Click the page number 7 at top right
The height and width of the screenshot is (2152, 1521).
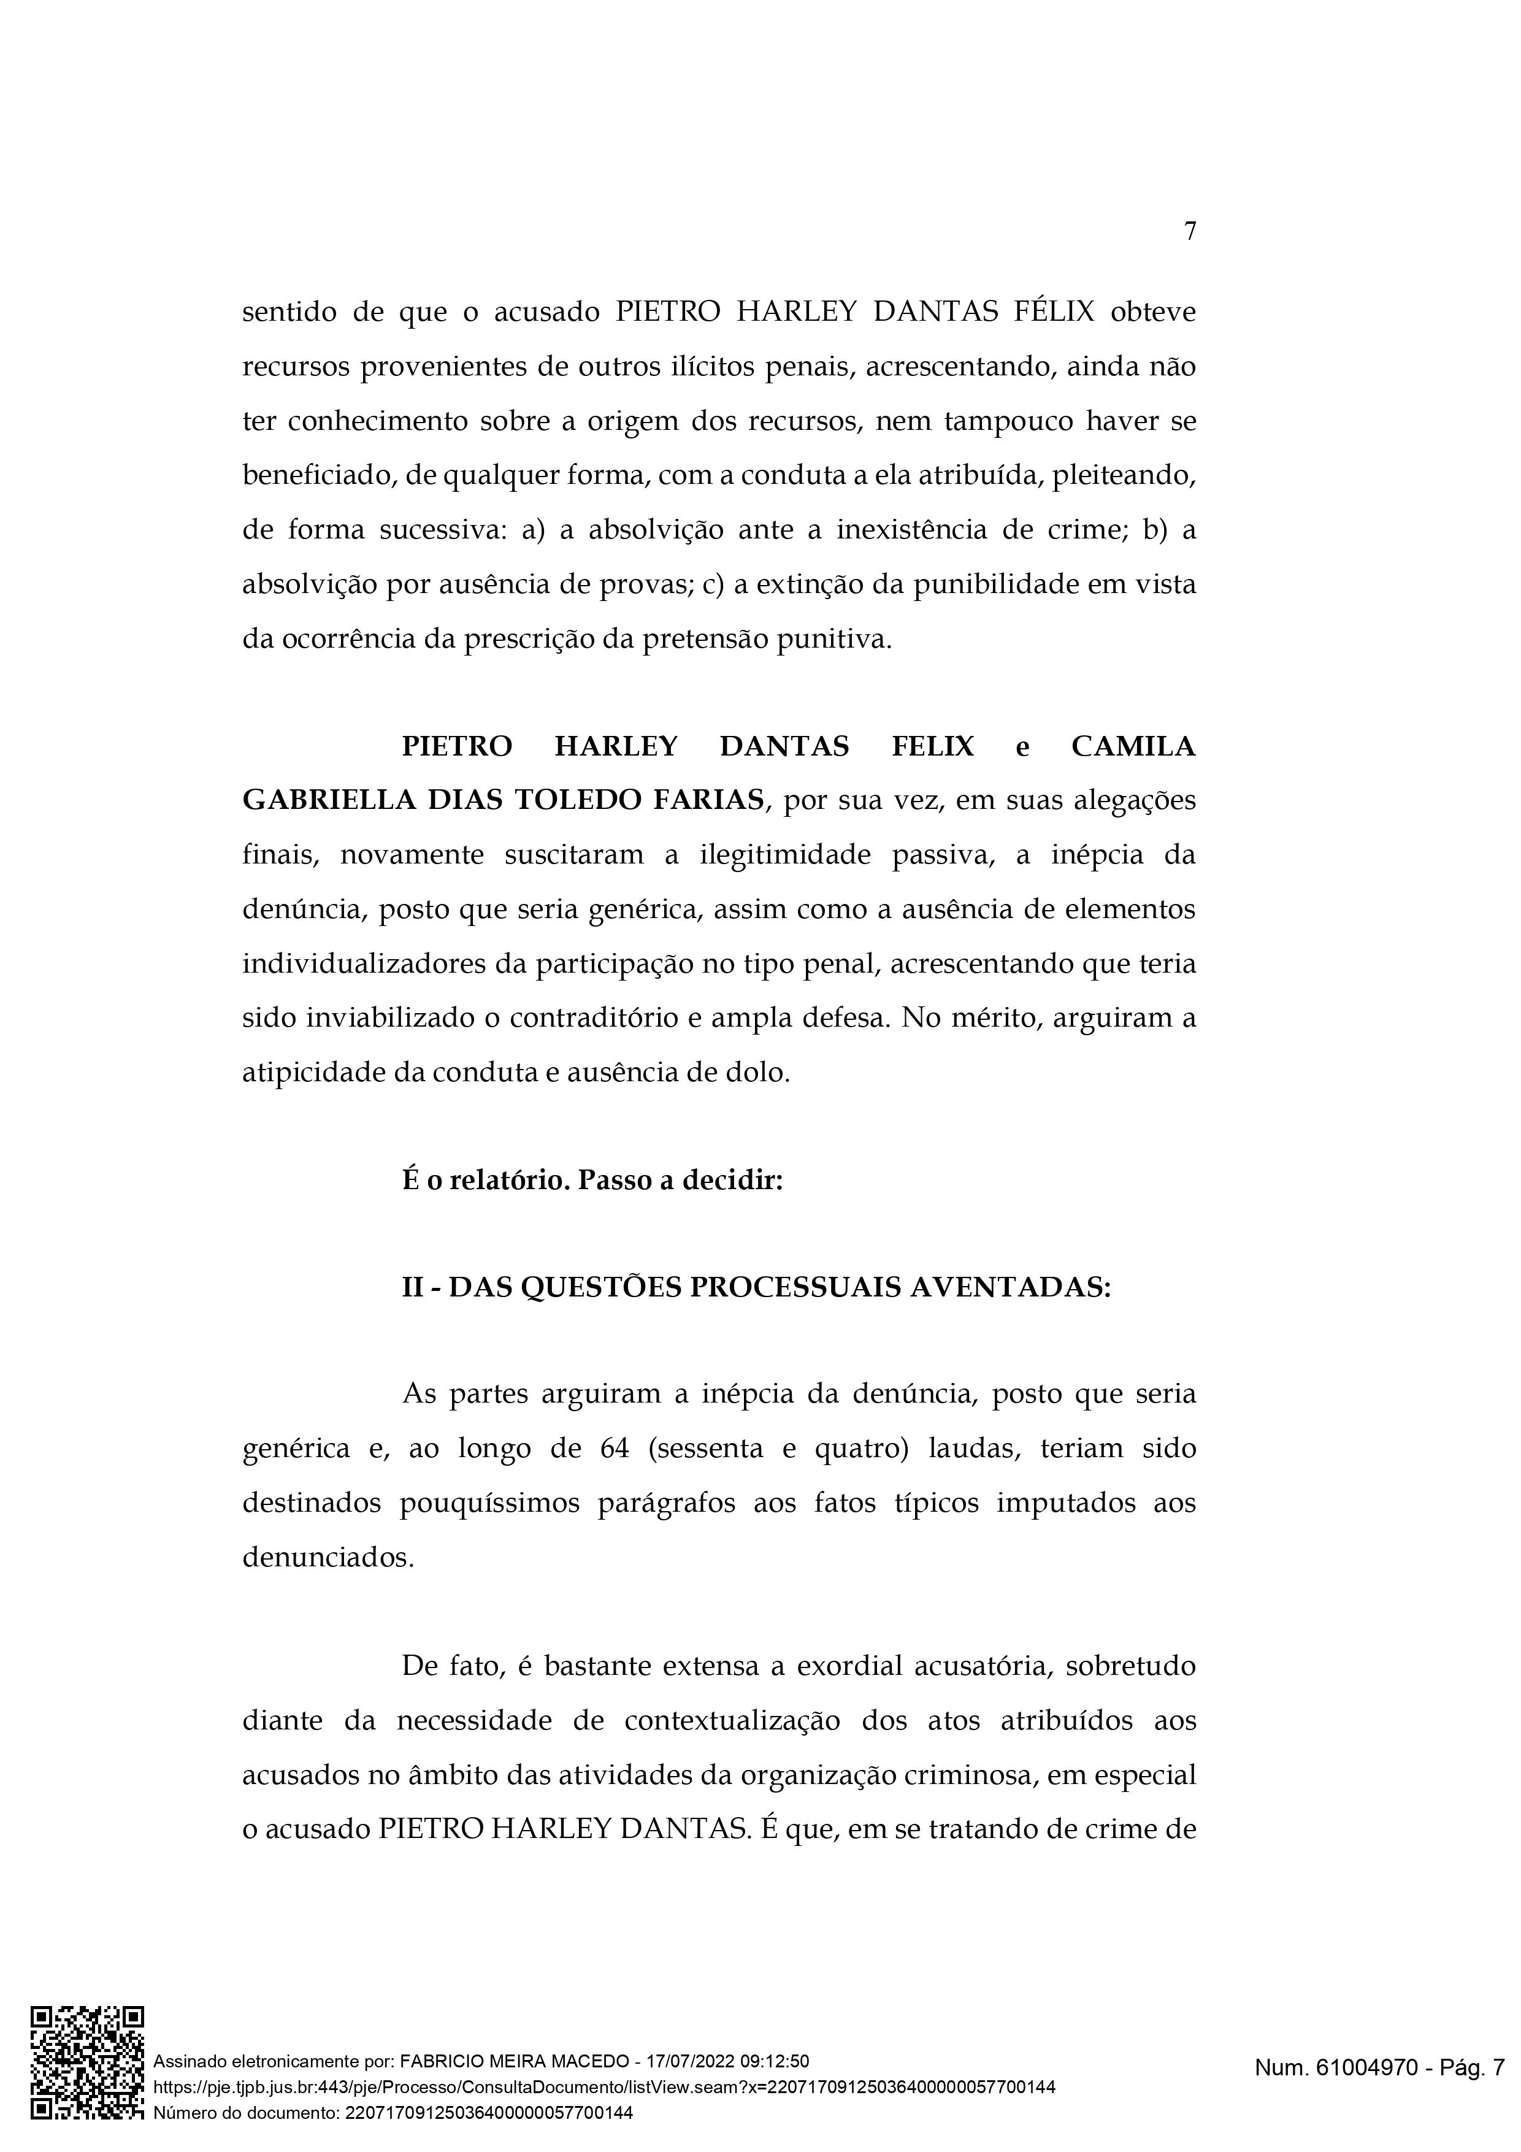pyautogui.click(x=1189, y=231)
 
